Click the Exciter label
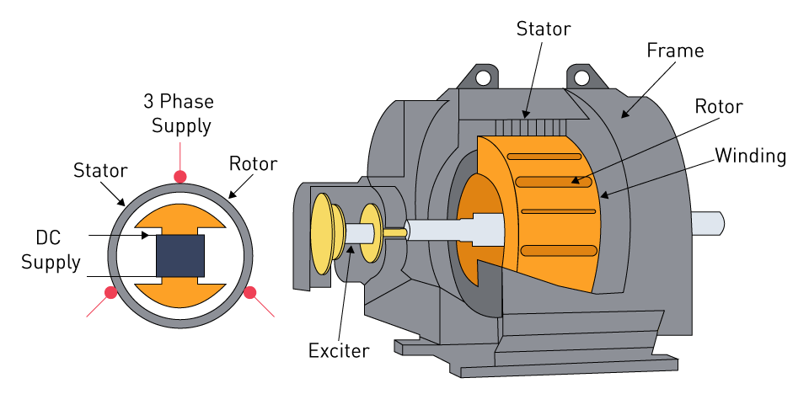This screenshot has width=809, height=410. [x=338, y=349]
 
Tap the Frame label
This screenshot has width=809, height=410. [x=674, y=51]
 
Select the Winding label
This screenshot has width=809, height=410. [x=750, y=156]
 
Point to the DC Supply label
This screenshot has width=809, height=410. [x=51, y=250]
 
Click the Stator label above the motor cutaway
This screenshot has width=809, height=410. [x=543, y=29]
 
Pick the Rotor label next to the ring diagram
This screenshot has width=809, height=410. [x=253, y=163]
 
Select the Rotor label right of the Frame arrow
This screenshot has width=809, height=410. [x=718, y=107]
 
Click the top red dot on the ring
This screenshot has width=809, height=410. [x=179, y=176]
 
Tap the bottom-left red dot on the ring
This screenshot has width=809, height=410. [x=110, y=293]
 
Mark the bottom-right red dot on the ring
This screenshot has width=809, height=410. [x=249, y=293]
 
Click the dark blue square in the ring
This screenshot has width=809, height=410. [x=179, y=255]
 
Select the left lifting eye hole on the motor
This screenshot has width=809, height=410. [x=483, y=78]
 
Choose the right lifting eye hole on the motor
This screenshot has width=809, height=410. [x=581, y=78]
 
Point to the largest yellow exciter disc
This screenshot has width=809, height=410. [x=322, y=234]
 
